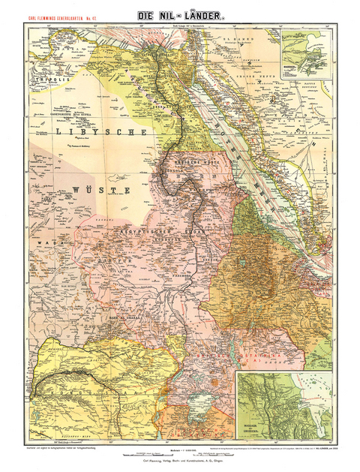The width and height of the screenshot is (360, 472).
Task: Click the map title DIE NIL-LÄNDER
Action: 179,14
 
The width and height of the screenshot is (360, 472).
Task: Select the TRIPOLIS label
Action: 40,77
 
